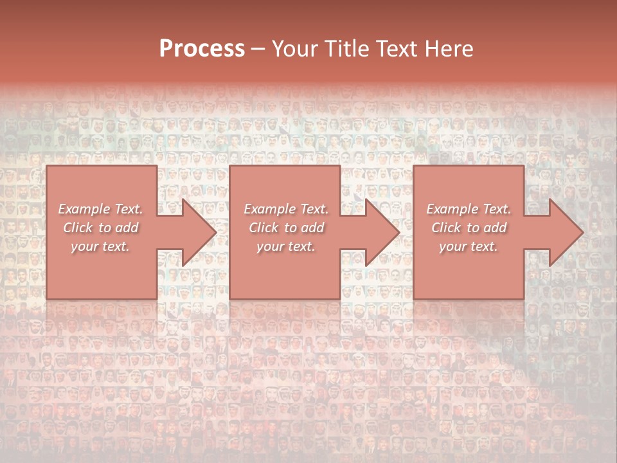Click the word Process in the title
(x=202, y=49)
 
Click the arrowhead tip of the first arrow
(x=215, y=232)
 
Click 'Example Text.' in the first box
(x=100, y=209)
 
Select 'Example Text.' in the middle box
(x=286, y=209)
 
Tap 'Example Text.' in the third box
(x=469, y=209)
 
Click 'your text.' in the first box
(x=100, y=246)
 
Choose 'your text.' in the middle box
(x=286, y=246)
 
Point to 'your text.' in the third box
(x=469, y=246)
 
